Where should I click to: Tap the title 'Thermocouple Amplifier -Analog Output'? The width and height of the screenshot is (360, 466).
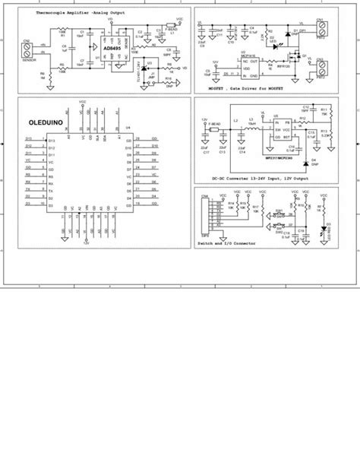tap(65, 14)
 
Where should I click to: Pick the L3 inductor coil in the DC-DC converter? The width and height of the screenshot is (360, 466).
tap(246, 121)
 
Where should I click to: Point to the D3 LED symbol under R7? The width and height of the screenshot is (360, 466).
tap(324, 229)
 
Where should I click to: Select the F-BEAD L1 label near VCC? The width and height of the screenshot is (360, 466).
tap(172, 28)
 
